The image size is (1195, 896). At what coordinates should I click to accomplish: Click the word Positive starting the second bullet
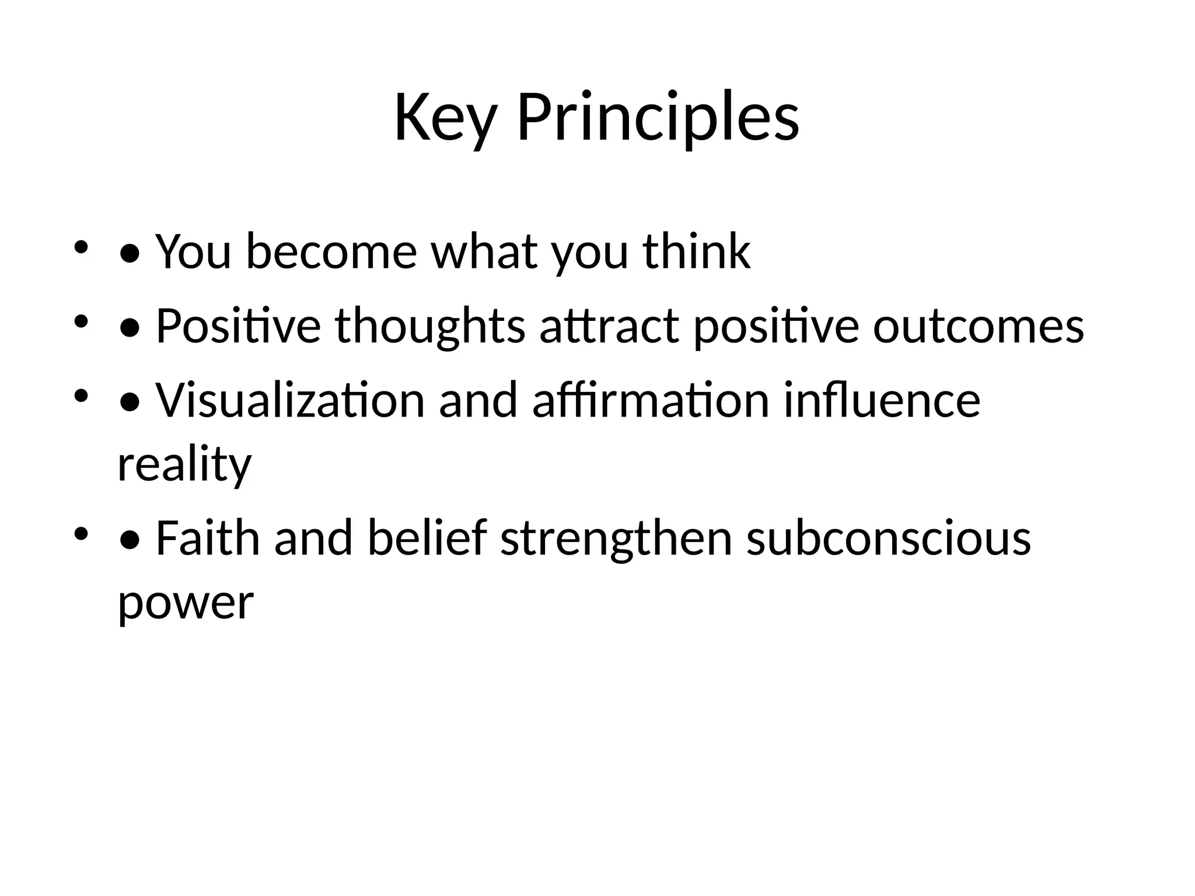[238, 326]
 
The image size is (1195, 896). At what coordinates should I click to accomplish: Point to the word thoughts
[430, 326]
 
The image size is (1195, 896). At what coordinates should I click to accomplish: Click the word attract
[609, 326]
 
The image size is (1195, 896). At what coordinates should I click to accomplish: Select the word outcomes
[978, 326]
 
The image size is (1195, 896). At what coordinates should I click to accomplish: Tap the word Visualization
[290, 401]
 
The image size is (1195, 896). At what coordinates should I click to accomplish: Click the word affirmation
[651, 401]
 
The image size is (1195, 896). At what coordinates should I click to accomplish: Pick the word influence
[881, 401]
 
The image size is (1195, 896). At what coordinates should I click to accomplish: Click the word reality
[184, 465]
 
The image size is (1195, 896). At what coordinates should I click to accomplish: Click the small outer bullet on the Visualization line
[81, 397]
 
